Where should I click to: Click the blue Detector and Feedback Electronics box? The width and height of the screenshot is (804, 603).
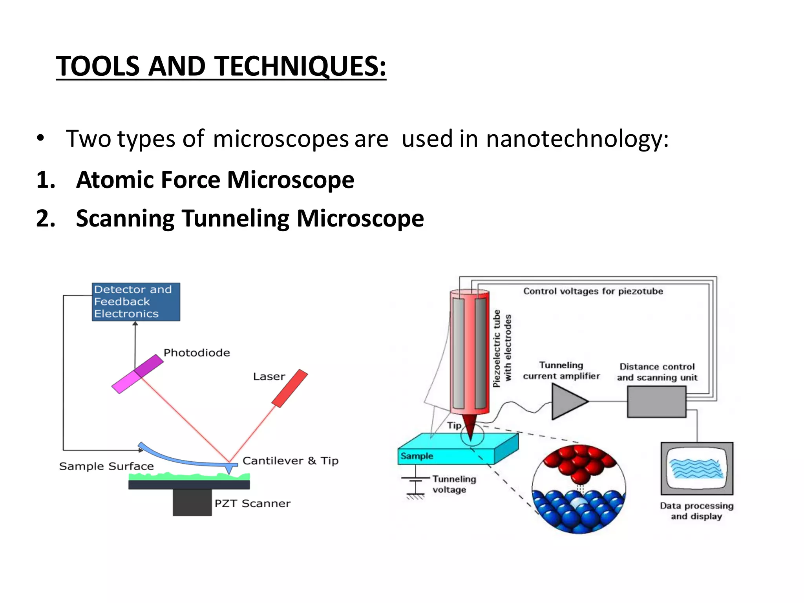(x=136, y=301)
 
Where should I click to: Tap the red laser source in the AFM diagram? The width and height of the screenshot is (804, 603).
(x=290, y=388)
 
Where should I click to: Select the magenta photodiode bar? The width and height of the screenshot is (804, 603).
(x=137, y=373)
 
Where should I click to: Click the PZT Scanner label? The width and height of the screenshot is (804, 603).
(x=252, y=503)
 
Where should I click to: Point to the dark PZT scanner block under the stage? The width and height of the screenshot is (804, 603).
(x=192, y=502)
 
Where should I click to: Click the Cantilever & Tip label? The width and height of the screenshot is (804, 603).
(x=290, y=461)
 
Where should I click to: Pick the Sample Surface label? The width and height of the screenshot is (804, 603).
(x=106, y=466)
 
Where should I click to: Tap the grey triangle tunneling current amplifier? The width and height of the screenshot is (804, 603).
(x=568, y=401)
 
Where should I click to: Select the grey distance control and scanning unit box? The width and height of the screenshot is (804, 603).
(x=656, y=401)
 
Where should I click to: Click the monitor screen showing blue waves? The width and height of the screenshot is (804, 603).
(x=696, y=468)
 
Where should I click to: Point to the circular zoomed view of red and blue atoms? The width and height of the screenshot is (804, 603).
(x=579, y=489)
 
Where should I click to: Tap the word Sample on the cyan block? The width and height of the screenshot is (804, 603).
(x=417, y=456)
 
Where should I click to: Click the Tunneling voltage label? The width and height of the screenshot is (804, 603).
(x=454, y=484)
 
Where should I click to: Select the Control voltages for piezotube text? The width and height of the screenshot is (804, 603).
(x=593, y=291)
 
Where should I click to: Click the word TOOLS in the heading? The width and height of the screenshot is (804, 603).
(x=98, y=66)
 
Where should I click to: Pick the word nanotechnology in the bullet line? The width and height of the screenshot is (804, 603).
(x=577, y=139)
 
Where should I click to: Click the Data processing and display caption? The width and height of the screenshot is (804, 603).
(x=696, y=511)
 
